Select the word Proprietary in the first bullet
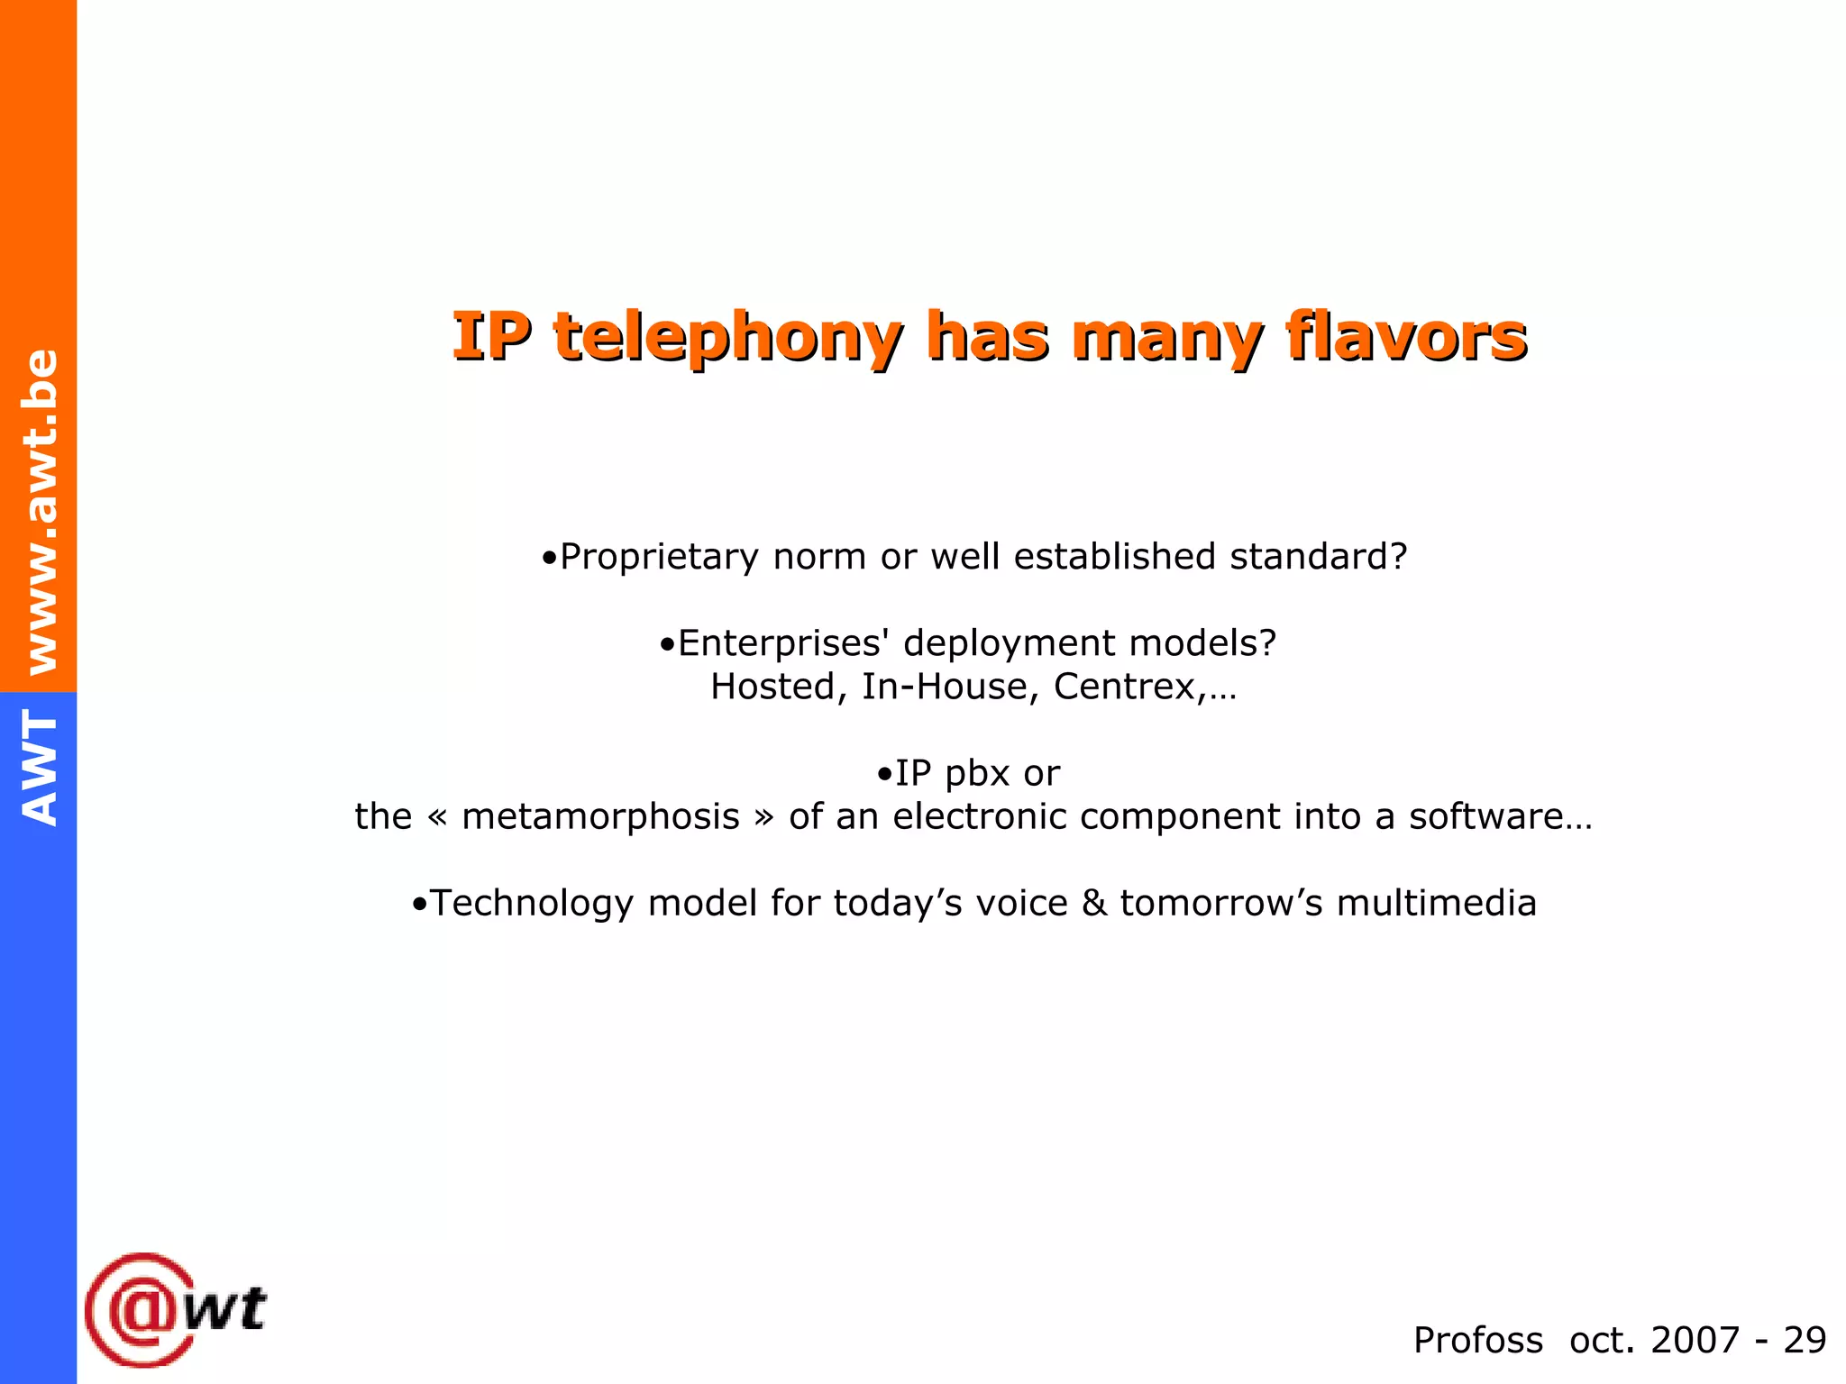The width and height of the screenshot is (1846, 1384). point(658,557)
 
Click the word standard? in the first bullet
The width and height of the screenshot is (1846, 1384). point(1318,557)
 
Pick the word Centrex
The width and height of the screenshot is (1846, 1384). point(1125,687)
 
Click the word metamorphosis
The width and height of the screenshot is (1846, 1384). point(600,816)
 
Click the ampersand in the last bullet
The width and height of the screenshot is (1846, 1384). point(1093,903)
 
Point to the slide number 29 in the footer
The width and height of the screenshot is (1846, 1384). point(1805,1340)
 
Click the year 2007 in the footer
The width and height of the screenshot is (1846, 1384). point(1694,1340)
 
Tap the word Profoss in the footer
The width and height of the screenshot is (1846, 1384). point(1477,1340)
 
